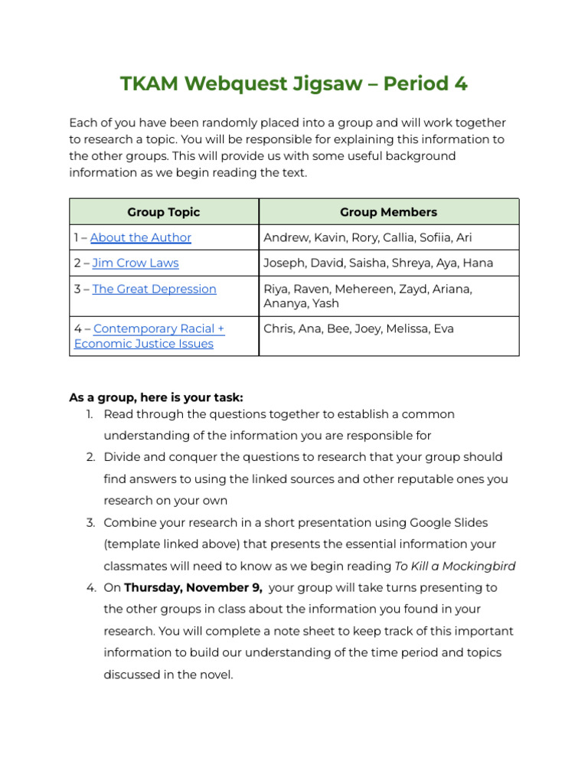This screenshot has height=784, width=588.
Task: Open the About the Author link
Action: click(141, 237)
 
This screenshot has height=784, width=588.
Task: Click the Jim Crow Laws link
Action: click(136, 263)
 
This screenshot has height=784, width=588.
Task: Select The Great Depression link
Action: click(154, 289)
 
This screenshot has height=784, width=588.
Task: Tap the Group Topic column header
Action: click(164, 212)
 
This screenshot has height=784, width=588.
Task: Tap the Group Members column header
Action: click(388, 212)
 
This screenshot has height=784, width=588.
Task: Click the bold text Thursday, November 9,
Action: click(194, 588)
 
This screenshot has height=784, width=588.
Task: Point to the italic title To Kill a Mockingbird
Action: click(455, 567)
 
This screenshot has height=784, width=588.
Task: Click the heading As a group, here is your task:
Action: click(156, 397)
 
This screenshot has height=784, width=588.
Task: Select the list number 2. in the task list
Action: click(90, 457)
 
